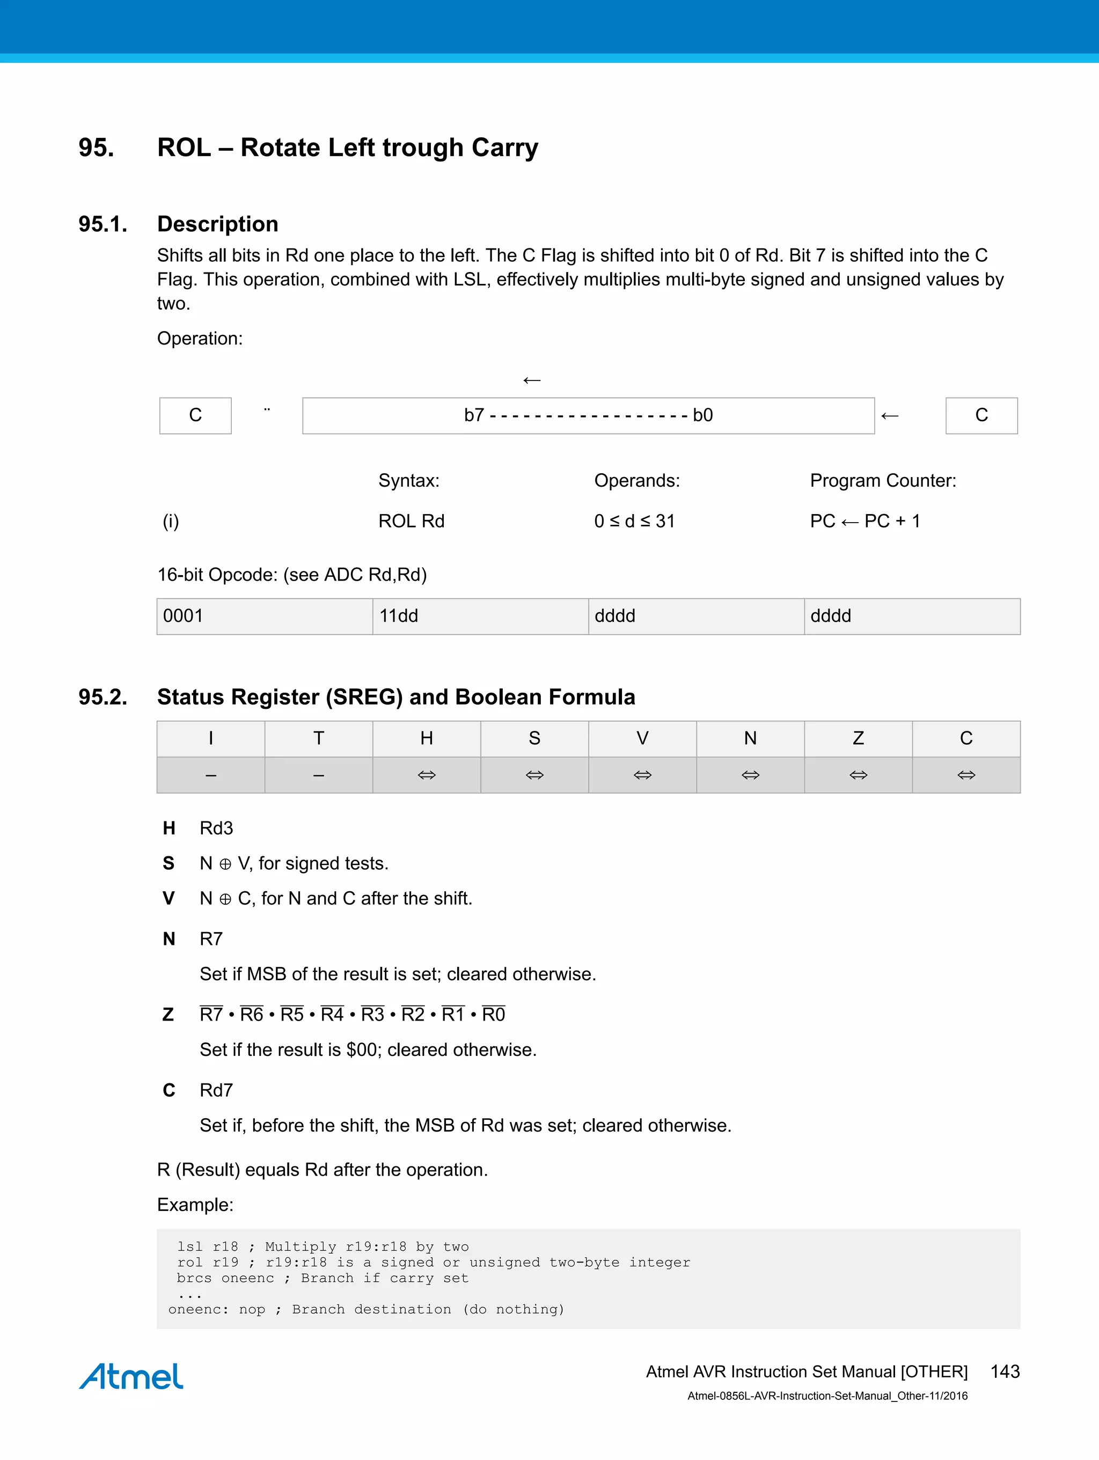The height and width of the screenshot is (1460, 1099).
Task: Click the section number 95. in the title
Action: [x=97, y=148]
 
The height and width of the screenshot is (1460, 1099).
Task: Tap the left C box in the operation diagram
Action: [x=195, y=415]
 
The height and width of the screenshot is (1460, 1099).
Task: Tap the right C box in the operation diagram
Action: [x=981, y=415]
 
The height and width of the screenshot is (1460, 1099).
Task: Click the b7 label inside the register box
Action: [x=474, y=415]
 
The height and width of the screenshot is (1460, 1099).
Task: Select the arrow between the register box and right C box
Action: [x=890, y=416]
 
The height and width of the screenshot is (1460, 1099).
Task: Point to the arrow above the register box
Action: [x=531, y=380]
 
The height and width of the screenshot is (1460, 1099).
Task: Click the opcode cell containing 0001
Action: [x=264, y=616]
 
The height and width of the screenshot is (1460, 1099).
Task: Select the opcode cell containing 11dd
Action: [x=480, y=616]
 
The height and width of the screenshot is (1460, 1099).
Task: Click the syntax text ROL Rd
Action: [x=411, y=522]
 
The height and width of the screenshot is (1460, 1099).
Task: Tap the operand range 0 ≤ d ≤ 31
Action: [x=634, y=522]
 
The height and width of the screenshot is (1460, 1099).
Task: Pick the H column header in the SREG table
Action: [x=427, y=738]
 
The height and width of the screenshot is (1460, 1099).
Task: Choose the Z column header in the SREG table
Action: [x=858, y=738]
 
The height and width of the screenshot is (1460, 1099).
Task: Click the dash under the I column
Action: [x=210, y=775]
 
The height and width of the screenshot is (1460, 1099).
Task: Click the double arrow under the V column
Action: [x=642, y=775]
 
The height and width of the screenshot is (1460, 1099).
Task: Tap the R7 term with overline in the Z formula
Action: [x=211, y=1015]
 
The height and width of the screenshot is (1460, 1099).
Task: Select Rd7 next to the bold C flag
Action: [x=216, y=1090]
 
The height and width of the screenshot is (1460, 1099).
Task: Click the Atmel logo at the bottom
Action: [x=131, y=1376]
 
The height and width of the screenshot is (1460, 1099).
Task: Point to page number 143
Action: [x=1005, y=1371]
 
